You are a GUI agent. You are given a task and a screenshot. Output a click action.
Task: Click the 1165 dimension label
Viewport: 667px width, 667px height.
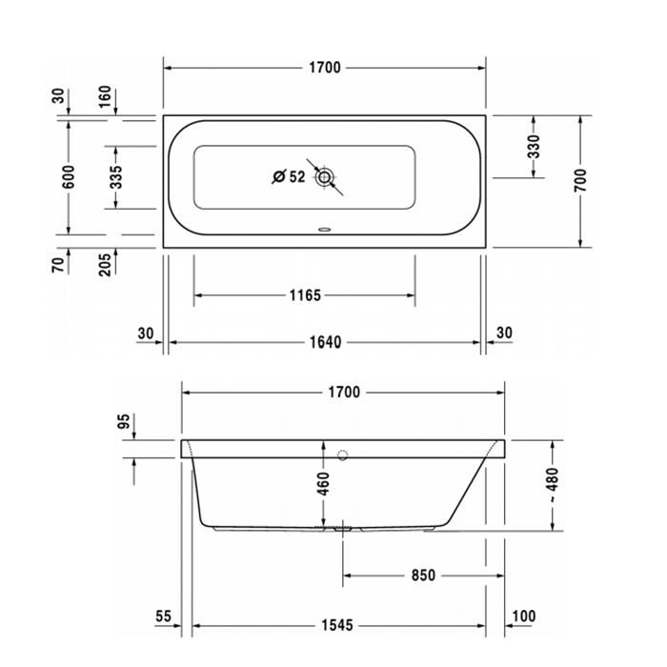pos(304,295)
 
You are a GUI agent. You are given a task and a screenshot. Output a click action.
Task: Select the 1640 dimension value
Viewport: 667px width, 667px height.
pos(324,341)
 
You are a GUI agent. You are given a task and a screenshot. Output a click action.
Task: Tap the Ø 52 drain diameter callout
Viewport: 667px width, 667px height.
pos(288,176)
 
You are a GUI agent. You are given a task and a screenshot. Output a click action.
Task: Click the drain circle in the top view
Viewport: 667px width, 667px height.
pos(326,177)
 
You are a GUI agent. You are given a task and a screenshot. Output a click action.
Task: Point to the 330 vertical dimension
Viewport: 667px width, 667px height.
pos(534,147)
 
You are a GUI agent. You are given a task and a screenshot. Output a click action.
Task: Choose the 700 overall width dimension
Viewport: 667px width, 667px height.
pos(580,181)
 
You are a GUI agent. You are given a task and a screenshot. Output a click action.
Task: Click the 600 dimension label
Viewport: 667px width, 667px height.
pos(68,177)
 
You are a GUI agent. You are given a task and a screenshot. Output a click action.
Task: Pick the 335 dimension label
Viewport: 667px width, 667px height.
pos(116,177)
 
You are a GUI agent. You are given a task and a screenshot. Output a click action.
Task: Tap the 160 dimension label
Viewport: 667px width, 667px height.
pos(105,97)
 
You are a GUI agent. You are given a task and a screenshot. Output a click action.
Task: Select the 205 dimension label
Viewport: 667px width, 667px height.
pos(105,262)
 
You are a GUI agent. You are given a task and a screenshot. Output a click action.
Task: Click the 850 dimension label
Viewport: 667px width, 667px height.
pos(422,576)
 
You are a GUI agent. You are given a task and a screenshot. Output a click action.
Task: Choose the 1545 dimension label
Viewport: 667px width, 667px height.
pos(335,626)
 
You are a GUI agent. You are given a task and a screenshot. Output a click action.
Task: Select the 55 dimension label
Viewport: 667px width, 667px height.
pos(163,617)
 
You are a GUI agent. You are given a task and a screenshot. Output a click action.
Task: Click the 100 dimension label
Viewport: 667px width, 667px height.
pos(523,617)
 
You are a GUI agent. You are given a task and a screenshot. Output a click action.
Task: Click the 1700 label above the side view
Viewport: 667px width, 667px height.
pos(343,392)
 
